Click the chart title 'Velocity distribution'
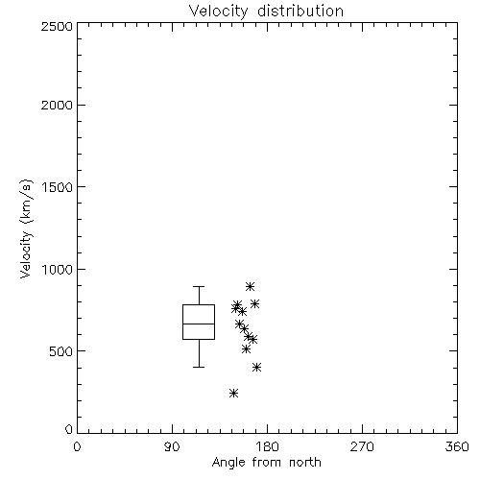pyautogui.click(x=266, y=12)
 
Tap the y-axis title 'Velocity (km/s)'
pyautogui.click(x=26, y=228)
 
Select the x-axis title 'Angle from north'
pyautogui.click(x=266, y=463)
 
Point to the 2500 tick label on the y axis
pyautogui.click(x=57, y=26)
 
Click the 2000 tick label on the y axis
pyautogui.click(x=57, y=105)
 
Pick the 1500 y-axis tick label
pyautogui.click(x=58, y=187)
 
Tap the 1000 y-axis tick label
pyautogui.click(x=58, y=269)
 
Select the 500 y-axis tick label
pyautogui.click(x=61, y=351)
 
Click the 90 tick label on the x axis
pyautogui.click(x=172, y=446)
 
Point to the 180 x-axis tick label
pyautogui.click(x=267, y=446)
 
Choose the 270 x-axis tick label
pyautogui.click(x=362, y=446)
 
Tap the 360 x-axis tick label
pyautogui.click(x=457, y=446)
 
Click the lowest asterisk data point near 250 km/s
pyautogui.click(x=234, y=393)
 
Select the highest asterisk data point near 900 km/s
pyautogui.click(x=250, y=286)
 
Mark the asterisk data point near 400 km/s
pyautogui.click(x=256, y=367)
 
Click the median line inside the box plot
pyautogui.click(x=199, y=324)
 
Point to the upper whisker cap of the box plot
pyautogui.click(x=199, y=286)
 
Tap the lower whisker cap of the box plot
pyautogui.click(x=199, y=367)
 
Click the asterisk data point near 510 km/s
pyautogui.click(x=246, y=348)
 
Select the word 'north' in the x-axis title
pyautogui.click(x=305, y=463)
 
